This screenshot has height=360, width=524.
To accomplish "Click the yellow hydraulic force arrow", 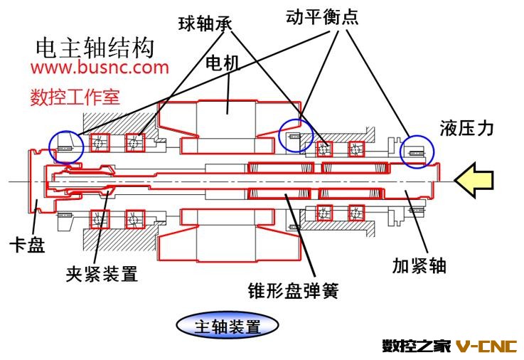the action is [474, 180].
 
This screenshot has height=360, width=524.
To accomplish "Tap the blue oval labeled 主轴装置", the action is [228, 325].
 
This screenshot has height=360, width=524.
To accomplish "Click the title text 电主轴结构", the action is [95, 48].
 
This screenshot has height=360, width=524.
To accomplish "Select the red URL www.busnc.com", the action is [100, 68].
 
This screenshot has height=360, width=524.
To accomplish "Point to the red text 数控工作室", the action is [75, 97].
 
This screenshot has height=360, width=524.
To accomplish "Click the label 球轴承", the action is [205, 23].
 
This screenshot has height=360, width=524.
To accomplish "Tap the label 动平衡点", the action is [322, 16].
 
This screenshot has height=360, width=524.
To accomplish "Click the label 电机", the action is [223, 63].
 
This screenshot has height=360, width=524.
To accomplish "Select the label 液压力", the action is [466, 128].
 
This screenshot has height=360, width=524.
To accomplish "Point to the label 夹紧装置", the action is [102, 274].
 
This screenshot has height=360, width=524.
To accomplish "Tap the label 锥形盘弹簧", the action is [293, 290].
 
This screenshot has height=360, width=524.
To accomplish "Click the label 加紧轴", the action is [419, 266].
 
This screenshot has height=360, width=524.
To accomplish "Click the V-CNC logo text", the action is [486, 346].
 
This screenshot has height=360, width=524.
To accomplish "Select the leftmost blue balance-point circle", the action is [50, 147].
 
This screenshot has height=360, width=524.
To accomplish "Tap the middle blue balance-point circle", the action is [279, 135].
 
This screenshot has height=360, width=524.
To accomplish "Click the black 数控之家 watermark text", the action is [417, 346].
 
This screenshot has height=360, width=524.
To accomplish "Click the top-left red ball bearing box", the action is [100, 143].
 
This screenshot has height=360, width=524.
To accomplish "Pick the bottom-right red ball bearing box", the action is [356, 213].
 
